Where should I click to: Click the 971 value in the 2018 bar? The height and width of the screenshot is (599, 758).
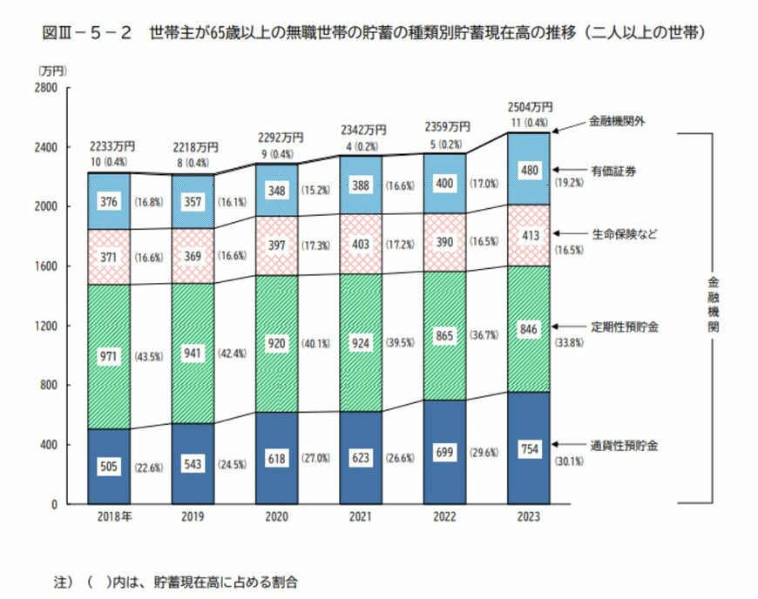pos(110,356)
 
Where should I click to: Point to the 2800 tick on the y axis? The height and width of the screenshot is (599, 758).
pos(45,88)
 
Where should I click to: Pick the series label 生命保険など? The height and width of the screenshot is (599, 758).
pos(624,233)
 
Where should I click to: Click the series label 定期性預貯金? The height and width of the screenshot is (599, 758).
pos(624,326)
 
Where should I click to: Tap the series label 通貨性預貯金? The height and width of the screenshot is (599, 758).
pos(624,446)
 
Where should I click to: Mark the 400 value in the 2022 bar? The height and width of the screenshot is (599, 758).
pos(445,184)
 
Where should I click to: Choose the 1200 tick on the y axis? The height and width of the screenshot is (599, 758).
pos(45,326)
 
